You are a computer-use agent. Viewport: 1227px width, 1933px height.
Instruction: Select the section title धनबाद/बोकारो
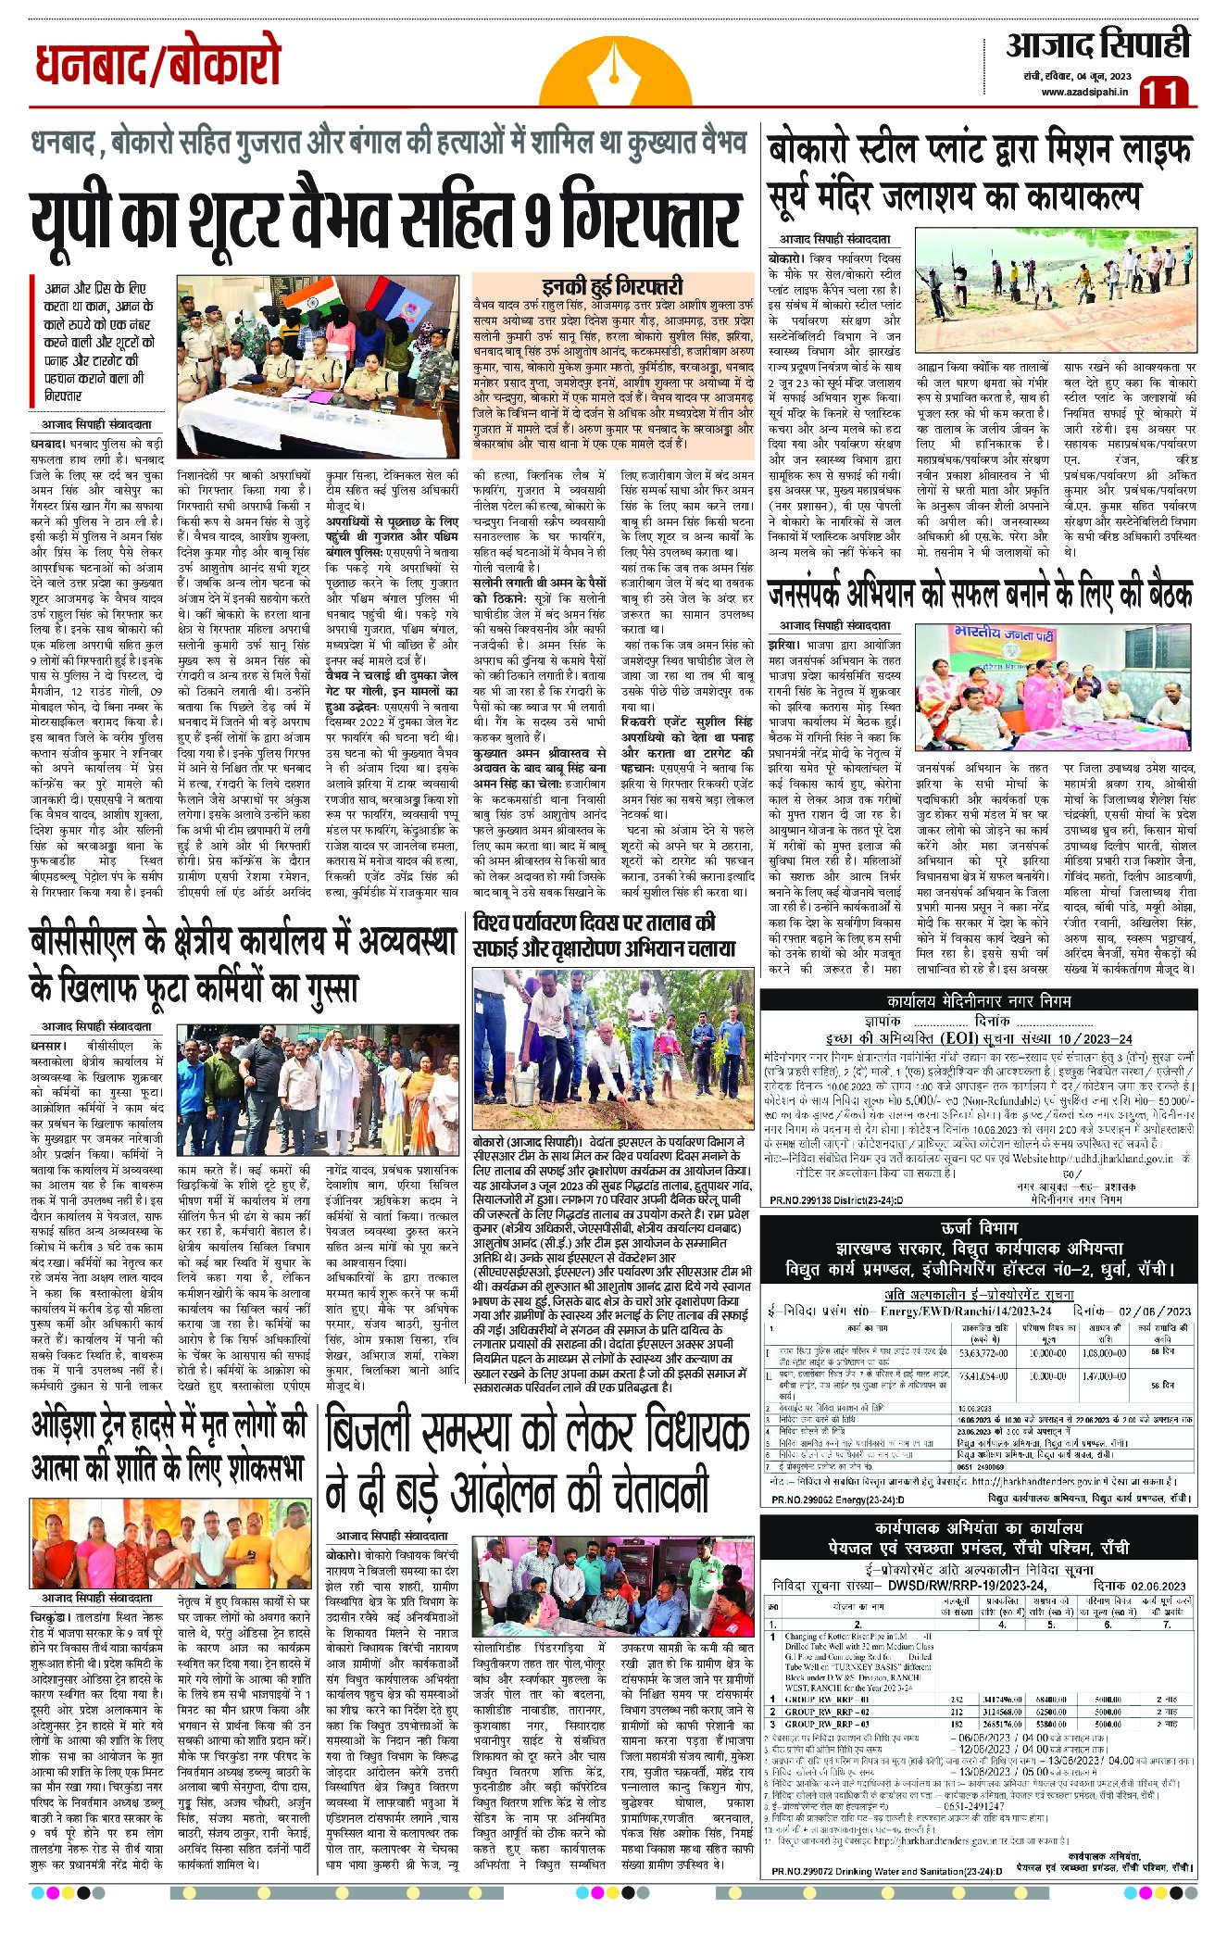pyautogui.click(x=157, y=67)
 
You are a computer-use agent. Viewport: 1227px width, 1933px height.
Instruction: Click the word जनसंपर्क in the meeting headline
pyautogui.click(x=819, y=594)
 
